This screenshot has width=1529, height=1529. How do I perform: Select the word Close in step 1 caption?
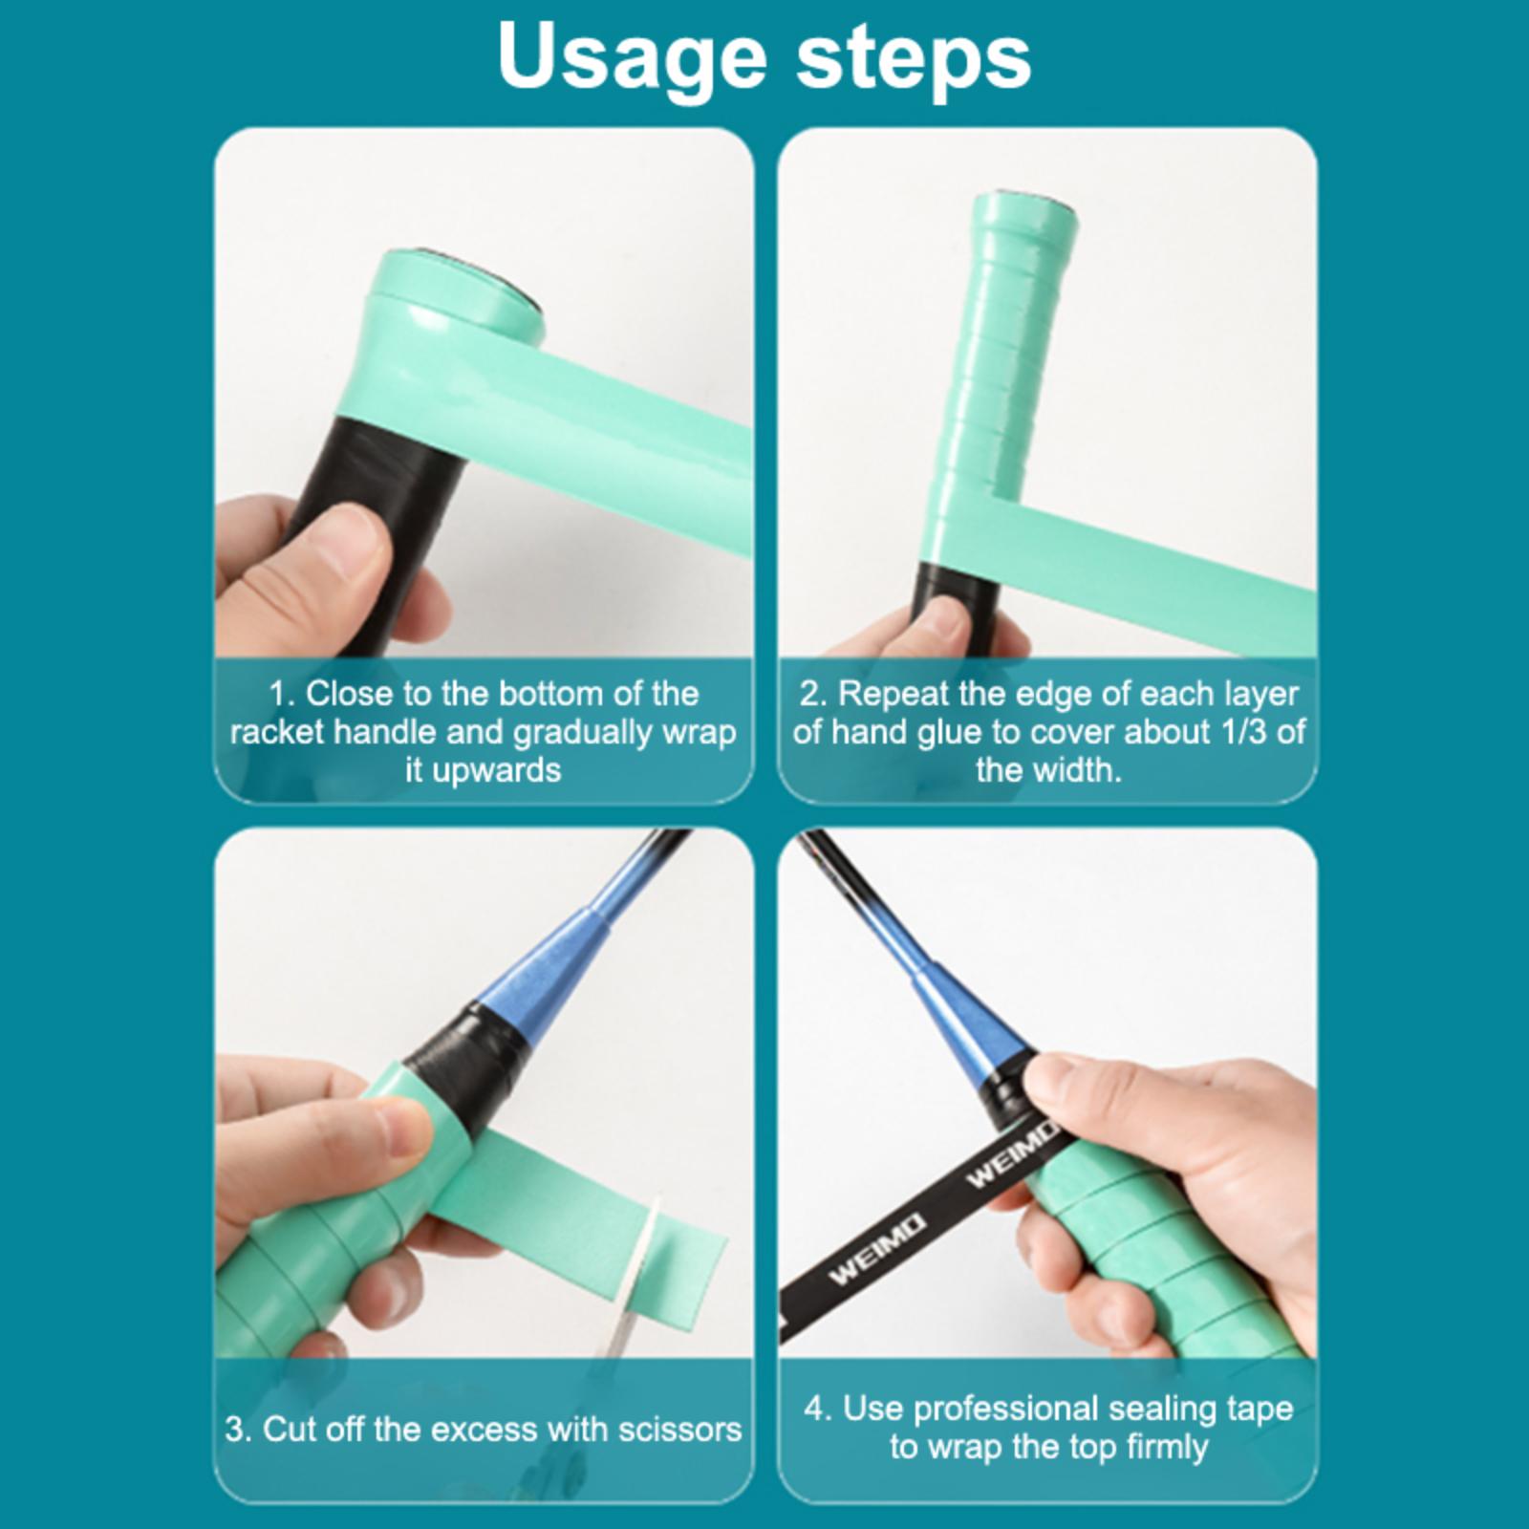pos(349,693)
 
